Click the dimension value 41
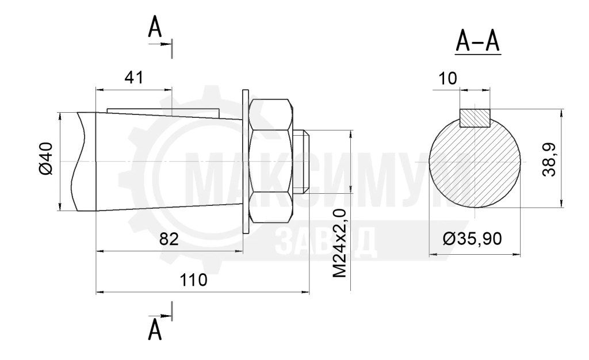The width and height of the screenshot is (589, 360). tap(133, 78)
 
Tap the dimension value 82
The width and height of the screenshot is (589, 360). tap(169, 239)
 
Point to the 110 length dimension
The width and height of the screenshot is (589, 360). tap(193, 280)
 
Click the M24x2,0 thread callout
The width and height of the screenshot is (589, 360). tap(339, 244)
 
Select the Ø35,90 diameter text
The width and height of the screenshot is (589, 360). tap(472, 239)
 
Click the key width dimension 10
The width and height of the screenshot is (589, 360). tap(448, 78)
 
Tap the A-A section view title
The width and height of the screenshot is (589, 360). tap(478, 41)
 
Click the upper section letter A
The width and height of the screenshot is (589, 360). tap(155, 28)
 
